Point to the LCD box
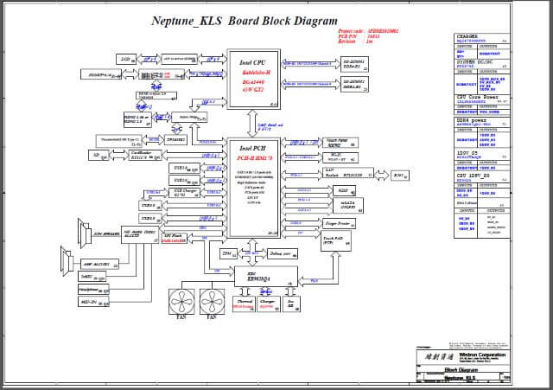tap(125, 59)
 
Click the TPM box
tap(227, 254)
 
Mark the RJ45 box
tap(398, 175)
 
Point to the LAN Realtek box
tap(348, 173)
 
